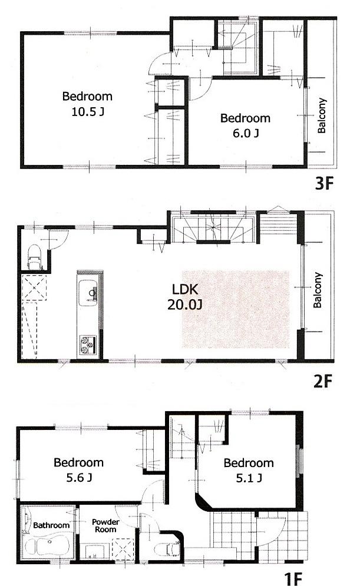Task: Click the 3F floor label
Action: pos(324,184)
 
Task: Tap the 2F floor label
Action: pos(324,380)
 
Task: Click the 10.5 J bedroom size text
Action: pos(87,111)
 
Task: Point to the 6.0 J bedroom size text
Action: pos(245,134)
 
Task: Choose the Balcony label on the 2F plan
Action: pos(318,290)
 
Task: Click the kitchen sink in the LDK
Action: pos(90,292)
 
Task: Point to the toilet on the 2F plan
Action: pos(34,258)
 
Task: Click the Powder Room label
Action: pos(105,525)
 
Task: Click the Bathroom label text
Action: pos(51,525)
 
